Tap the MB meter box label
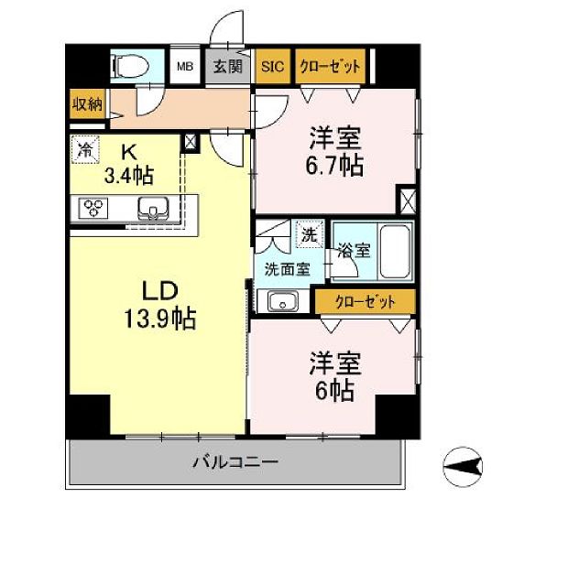click(x=185, y=67)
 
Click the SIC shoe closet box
click(x=273, y=67)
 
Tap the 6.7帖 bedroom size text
click(x=334, y=166)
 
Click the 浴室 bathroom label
click(x=352, y=249)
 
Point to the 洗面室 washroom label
click(x=287, y=269)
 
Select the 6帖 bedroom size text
click(x=334, y=391)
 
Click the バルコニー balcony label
click(x=235, y=462)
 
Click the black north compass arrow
click(x=464, y=467)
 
